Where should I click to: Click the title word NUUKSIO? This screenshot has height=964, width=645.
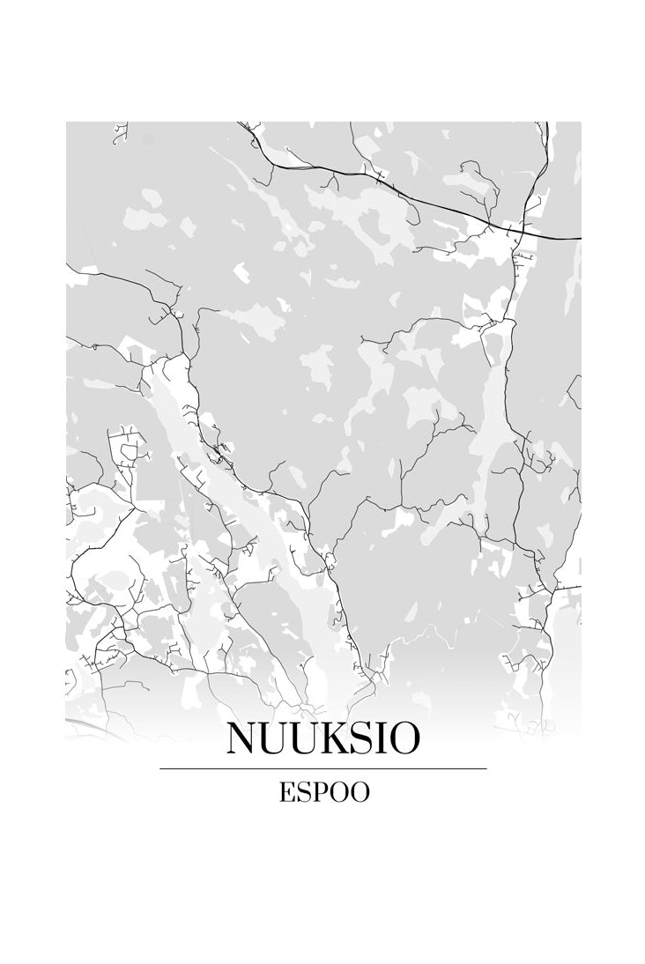click(x=322, y=739)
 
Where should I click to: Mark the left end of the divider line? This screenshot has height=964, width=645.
click(x=161, y=768)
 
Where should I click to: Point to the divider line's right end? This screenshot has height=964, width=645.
click(x=486, y=768)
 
